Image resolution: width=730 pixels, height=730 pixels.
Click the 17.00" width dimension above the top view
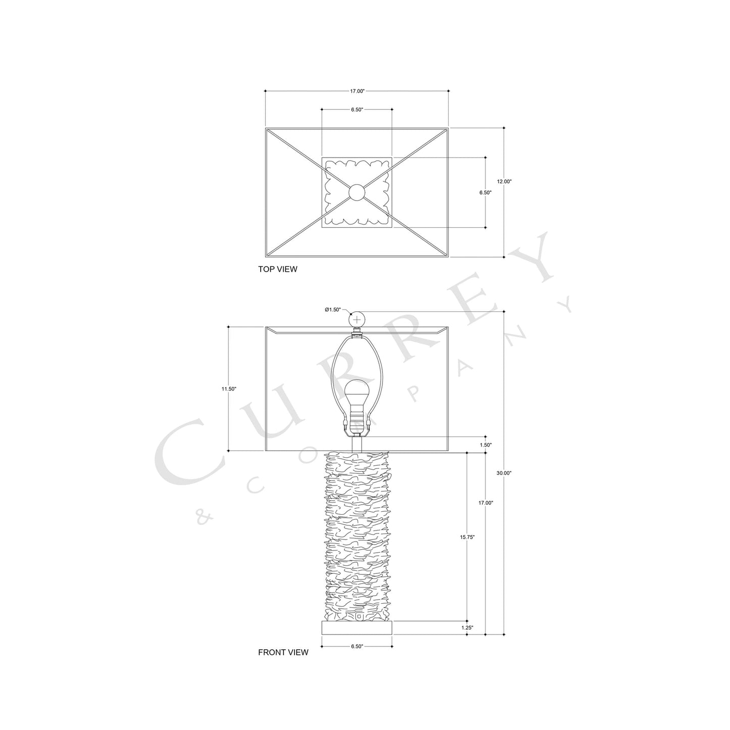(357, 91)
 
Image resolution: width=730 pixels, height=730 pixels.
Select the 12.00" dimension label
(504, 181)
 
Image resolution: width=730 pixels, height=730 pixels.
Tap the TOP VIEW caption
(277, 269)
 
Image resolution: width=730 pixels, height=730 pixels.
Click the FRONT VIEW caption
(283, 652)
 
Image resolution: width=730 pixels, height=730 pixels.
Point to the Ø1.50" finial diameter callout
(333, 309)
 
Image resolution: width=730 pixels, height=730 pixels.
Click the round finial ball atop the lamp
(358, 320)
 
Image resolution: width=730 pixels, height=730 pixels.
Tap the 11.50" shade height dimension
(228, 389)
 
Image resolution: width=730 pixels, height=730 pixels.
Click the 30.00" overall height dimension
(504, 473)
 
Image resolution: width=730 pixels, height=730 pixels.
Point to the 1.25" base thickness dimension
(467, 627)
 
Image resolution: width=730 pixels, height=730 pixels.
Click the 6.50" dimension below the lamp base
(357, 646)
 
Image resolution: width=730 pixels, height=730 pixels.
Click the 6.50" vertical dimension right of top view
(485, 192)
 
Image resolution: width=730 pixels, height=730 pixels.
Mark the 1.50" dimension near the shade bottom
(486, 445)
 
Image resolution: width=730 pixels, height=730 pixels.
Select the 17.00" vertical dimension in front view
(485, 503)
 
